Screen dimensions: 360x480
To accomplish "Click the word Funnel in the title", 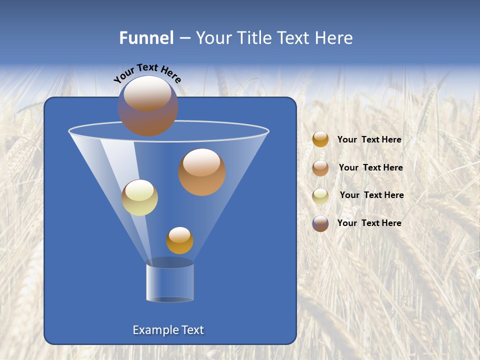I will pyautogui.click(x=146, y=38).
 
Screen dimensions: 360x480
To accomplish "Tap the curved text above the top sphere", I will pyautogui.click(x=147, y=72).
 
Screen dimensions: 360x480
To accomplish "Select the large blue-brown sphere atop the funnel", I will pyautogui.click(x=147, y=106).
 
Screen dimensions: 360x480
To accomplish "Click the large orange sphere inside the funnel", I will pyautogui.click(x=202, y=172).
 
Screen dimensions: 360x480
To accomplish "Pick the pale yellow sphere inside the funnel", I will pyautogui.click(x=139, y=197).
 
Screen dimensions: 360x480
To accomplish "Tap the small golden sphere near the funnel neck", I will pyautogui.click(x=179, y=240).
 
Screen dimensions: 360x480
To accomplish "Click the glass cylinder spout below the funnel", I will pyautogui.click(x=169, y=282).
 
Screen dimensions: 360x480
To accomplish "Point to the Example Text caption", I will pyautogui.click(x=168, y=330).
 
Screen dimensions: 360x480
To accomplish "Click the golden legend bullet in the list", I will pyautogui.click(x=320, y=139).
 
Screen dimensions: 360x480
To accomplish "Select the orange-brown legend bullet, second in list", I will pyautogui.click(x=320, y=168).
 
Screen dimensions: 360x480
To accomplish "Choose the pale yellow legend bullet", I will pyautogui.click(x=320, y=195).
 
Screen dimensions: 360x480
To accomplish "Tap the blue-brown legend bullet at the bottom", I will pyautogui.click(x=320, y=223).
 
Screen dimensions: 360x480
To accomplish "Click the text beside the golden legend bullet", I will pyautogui.click(x=369, y=140).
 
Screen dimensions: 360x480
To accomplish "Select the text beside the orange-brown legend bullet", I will pyautogui.click(x=370, y=168).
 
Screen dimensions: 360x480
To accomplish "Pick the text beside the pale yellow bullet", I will pyautogui.click(x=371, y=195).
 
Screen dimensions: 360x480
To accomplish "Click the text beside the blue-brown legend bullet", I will pyautogui.click(x=369, y=223).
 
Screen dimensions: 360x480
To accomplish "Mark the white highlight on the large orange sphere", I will pyautogui.click(x=201, y=162).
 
